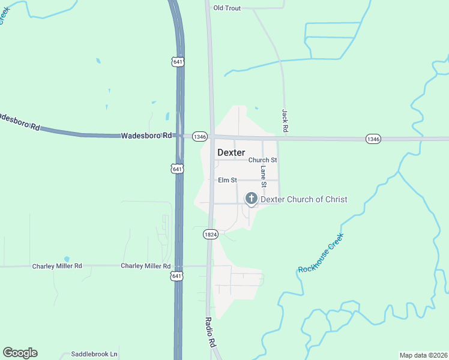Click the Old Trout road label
pos(227,7)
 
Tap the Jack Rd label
pos(286,121)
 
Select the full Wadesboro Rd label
pos(146,136)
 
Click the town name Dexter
pos(231,152)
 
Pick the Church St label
pos(262,160)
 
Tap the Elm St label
pos(228,180)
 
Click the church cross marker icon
pos(251,199)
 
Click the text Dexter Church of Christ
pos(304,199)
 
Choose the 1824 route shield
pos(209,234)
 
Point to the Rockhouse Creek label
pos(321,253)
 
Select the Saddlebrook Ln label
pos(94,354)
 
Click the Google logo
pos(20,353)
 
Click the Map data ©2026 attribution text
pos(423,355)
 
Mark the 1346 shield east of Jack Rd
pos(373,139)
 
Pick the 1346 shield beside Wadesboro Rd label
pos(200,137)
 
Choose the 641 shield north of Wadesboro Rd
pos(176,62)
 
